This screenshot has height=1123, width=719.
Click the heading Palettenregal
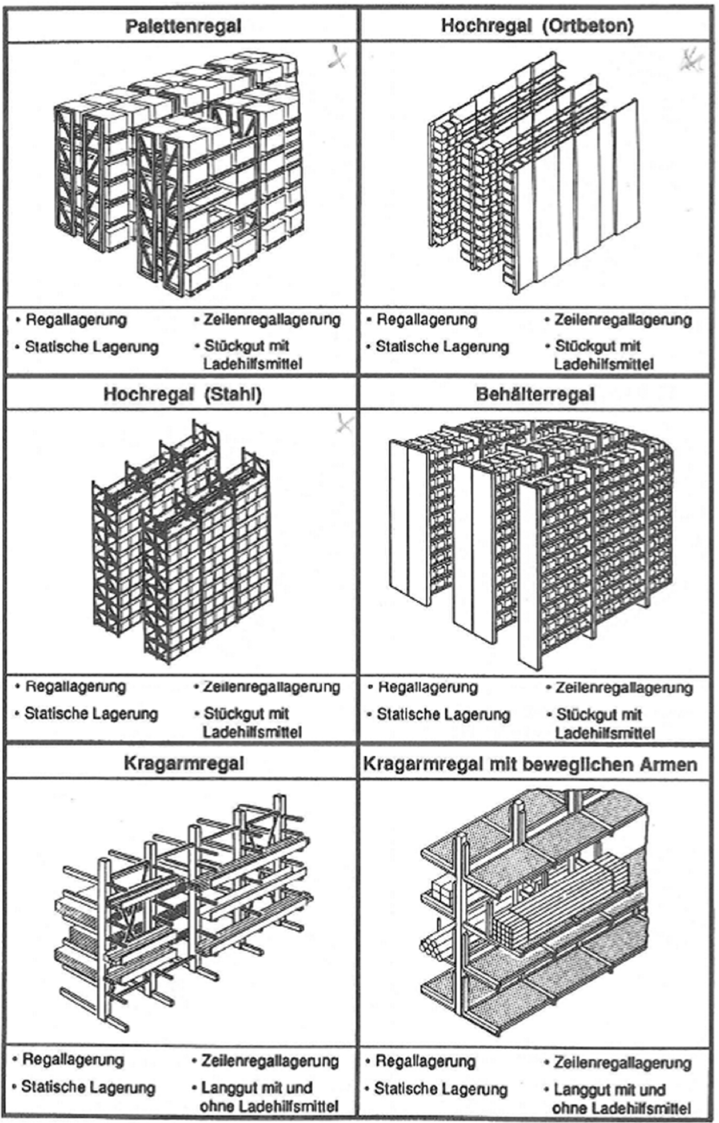point(183,26)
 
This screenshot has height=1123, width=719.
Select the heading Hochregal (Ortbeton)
point(537,26)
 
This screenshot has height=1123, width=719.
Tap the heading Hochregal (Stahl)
point(182,395)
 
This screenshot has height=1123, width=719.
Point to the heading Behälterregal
point(535,395)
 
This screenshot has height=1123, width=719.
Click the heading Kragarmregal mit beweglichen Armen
point(530,764)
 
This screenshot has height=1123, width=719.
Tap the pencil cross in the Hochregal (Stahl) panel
point(344,423)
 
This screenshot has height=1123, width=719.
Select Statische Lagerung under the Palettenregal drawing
point(91,347)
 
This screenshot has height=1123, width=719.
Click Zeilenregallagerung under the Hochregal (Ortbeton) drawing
point(622,319)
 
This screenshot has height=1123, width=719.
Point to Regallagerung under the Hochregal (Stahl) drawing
point(75,687)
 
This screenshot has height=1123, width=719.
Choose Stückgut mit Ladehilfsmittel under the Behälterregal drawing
point(604,724)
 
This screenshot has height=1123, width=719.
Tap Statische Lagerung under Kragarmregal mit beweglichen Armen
point(440,1089)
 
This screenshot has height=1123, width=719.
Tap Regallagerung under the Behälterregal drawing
point(428,687)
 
